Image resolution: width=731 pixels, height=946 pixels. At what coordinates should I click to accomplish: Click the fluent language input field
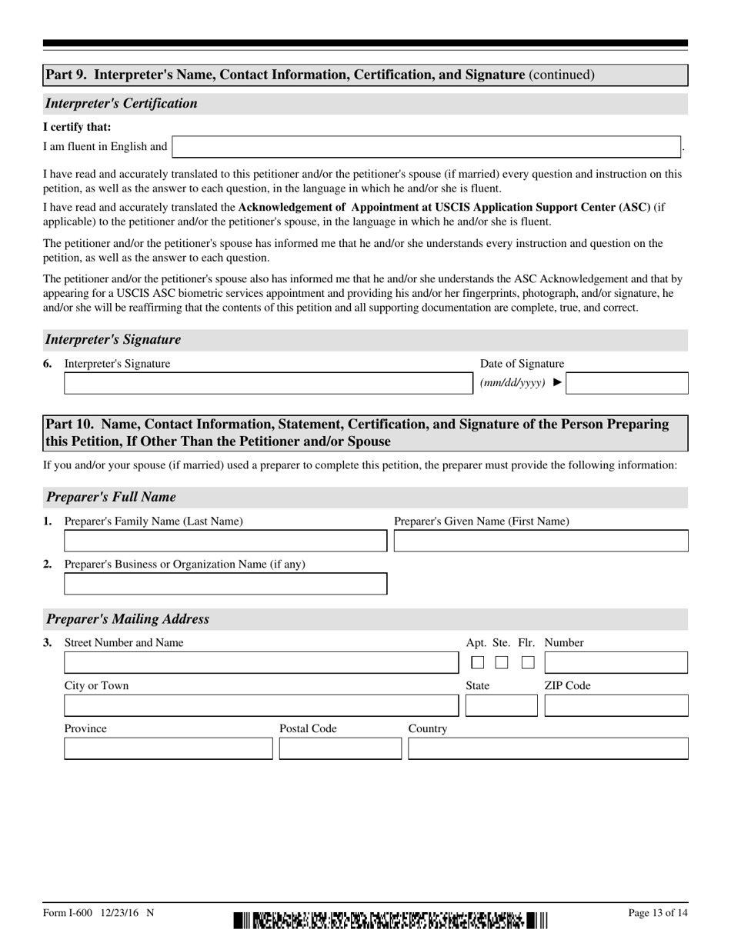click(x=426, y=147)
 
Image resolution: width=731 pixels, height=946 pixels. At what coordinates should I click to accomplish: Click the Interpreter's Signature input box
click(x=265, y=384)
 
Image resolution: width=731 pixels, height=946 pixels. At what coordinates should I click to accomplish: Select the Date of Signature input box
click(x=626, y=384)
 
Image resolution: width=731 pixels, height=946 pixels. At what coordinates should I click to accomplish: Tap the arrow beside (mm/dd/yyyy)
click(x=558, y=382)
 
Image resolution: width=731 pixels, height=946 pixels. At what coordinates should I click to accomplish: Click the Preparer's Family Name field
click(x=225, y=541)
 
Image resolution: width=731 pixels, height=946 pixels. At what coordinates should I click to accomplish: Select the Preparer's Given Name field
click(x=541, y=541)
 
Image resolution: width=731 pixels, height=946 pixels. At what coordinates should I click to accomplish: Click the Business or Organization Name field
click(x=225, y=585)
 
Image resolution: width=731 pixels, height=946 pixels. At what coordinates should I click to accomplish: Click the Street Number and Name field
click(x=261, y=663)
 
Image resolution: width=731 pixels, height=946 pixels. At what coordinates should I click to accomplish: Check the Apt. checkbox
click(x=478, y=662)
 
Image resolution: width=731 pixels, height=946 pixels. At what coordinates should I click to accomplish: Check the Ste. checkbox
click(x=502, y=662)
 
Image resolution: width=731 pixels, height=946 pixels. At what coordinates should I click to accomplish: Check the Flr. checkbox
click(x=528, y=662)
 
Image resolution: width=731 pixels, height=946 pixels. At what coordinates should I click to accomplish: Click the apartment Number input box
click(x=616, y=663)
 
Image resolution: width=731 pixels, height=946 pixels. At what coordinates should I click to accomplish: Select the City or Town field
click(x=261, y=706)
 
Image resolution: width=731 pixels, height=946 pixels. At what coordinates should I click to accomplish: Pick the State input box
click(x=502, y=706)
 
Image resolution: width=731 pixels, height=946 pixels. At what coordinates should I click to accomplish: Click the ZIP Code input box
click(x=616, y=706)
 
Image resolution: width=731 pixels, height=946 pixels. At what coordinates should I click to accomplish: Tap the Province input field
click(x=168, y=749)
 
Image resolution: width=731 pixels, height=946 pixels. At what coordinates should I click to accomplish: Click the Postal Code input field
click(x=340, y=749)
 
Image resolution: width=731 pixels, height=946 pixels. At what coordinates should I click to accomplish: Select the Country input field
click(x=548, y=749)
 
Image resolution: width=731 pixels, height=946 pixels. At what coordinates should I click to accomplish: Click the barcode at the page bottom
click(x=391, y=920)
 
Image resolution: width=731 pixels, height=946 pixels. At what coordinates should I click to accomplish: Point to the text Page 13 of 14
click(x=658, y=913)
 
